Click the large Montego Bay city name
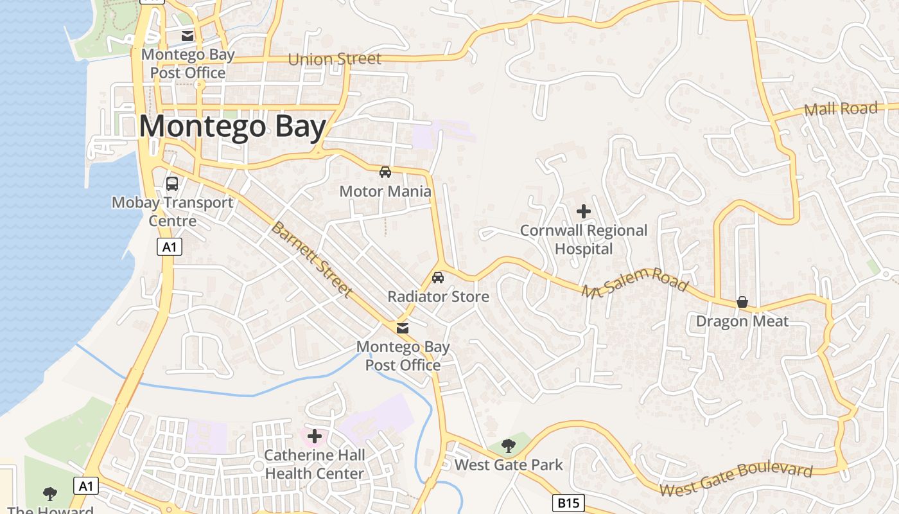tap(232, 127)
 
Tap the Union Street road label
tap(335, 59)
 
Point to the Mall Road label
tap(841, 109)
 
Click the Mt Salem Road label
tap(634, 283)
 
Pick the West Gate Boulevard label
tap(736, 479)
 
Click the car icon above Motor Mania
tap(385, 172)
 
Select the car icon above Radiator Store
tap(438, 278)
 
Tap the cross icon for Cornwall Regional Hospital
tap(584, 211)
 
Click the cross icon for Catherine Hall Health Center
tap(315, 436)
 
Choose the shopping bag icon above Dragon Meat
tap(742, 302)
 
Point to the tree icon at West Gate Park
tap(509, 445)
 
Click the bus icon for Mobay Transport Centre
tap(172, 184)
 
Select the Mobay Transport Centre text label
tap(173, 211)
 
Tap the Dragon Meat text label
tap(742, 321)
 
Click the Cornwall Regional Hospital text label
tap(584, 239)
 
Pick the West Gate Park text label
tap(509, 465)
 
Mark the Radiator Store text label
tap(438, 296)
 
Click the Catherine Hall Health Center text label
tap(315, 464)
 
